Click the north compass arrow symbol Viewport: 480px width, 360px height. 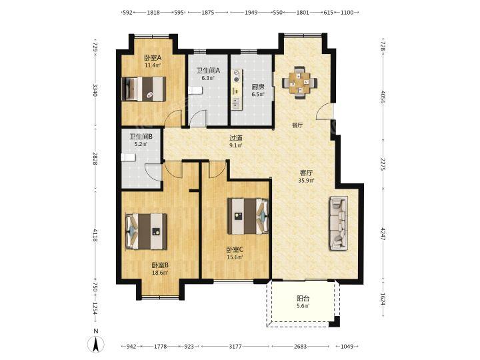click(95, 345)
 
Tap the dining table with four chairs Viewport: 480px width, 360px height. click(300, 83)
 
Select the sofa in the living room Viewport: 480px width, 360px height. click(338, 223)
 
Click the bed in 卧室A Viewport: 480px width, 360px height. click(144, 89)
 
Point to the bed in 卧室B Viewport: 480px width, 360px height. click(146, 231)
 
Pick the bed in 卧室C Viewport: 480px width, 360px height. click(248, 216)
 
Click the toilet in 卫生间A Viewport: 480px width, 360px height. click(195, 90)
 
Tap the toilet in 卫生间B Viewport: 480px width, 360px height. click(128, 157)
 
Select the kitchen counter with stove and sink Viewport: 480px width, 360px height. click(237, 89)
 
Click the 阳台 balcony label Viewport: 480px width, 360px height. click(303, 298)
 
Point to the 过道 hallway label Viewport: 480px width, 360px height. click(236, 138)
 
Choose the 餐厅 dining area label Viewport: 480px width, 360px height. click(297, 125)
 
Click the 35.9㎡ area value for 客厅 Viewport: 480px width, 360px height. click(306, 181)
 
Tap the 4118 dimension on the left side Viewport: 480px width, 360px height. click(95, 235)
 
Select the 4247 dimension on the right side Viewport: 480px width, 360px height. click(383, 233)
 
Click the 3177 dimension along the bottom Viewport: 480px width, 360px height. click(235, 346)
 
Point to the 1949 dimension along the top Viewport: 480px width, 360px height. click(251, 13)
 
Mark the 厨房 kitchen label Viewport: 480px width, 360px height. click(258, 87)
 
